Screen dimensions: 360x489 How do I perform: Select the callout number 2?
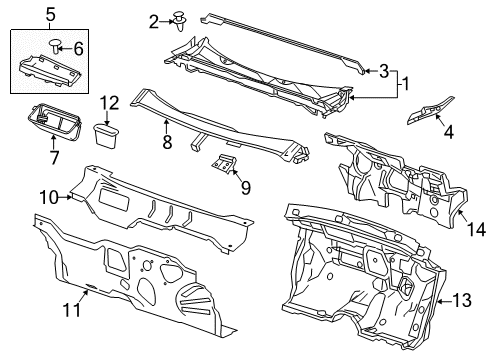(x=154, y=21)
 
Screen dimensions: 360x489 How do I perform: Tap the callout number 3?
(x=383, y=69)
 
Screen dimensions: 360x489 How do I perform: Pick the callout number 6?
(x=80, y=47)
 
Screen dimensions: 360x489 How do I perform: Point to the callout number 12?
(x=109, y=102)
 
